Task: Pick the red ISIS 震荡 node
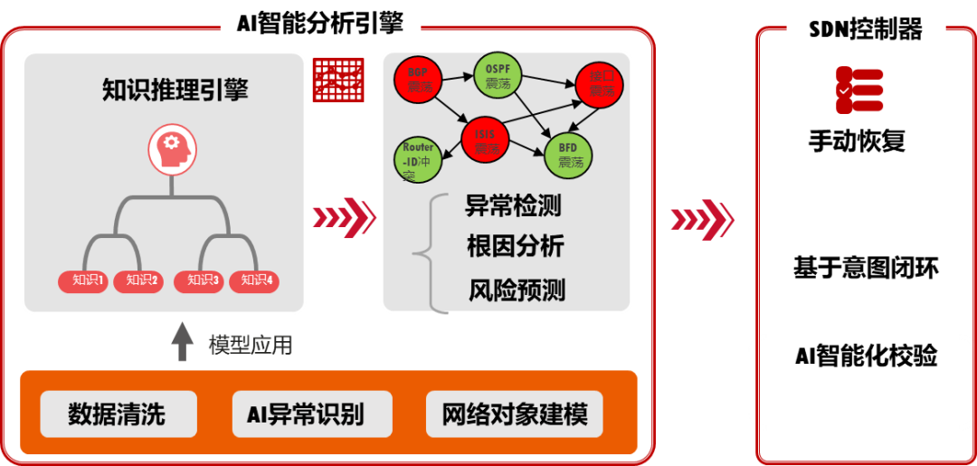(486, 140)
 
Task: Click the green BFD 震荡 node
(569, 155)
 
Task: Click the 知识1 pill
(83, 281)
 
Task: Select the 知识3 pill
(198, 281)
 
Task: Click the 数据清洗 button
(118, 414)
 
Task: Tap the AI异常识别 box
(312, 414)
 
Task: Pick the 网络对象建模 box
(515, 414)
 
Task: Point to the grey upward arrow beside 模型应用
(183, 341)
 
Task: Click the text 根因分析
(515, 246)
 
